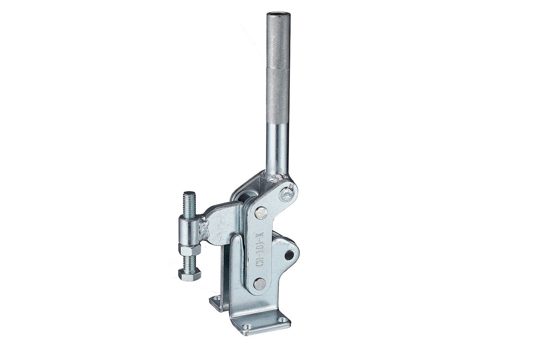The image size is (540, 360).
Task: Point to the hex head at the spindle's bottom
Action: [187, 274]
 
